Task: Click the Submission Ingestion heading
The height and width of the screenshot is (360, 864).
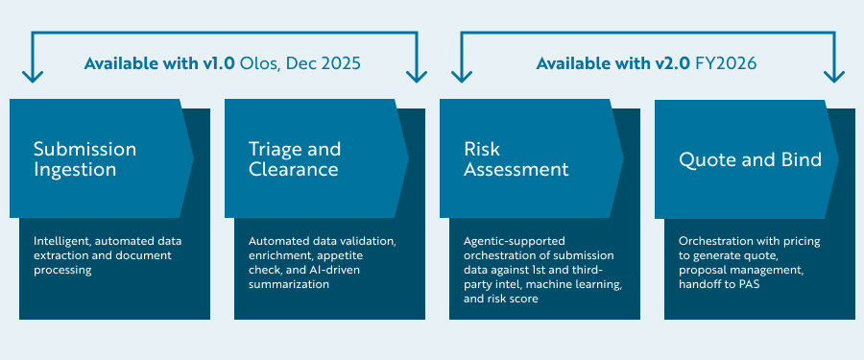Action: coord(84,159)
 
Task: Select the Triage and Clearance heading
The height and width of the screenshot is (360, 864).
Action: coord(294,159)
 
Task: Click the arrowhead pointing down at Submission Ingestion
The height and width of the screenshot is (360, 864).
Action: coord(33,74)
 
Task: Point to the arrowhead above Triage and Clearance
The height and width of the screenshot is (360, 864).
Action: coord(418,74)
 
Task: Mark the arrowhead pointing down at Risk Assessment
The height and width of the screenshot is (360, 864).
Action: coord(462,74)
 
